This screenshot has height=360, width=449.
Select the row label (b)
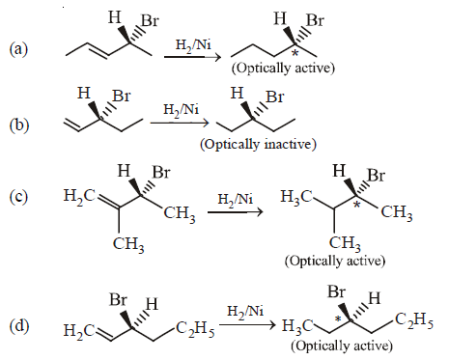[17, 125]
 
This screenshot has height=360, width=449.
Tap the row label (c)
[17, 199]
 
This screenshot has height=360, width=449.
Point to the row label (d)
[17, 322]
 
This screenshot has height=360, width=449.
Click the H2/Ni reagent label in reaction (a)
[180, 44]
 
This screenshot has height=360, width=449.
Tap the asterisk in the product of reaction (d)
[337, 318]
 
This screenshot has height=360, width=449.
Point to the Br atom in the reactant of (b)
[122, 97]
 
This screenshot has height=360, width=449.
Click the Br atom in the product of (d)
[338, 291]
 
